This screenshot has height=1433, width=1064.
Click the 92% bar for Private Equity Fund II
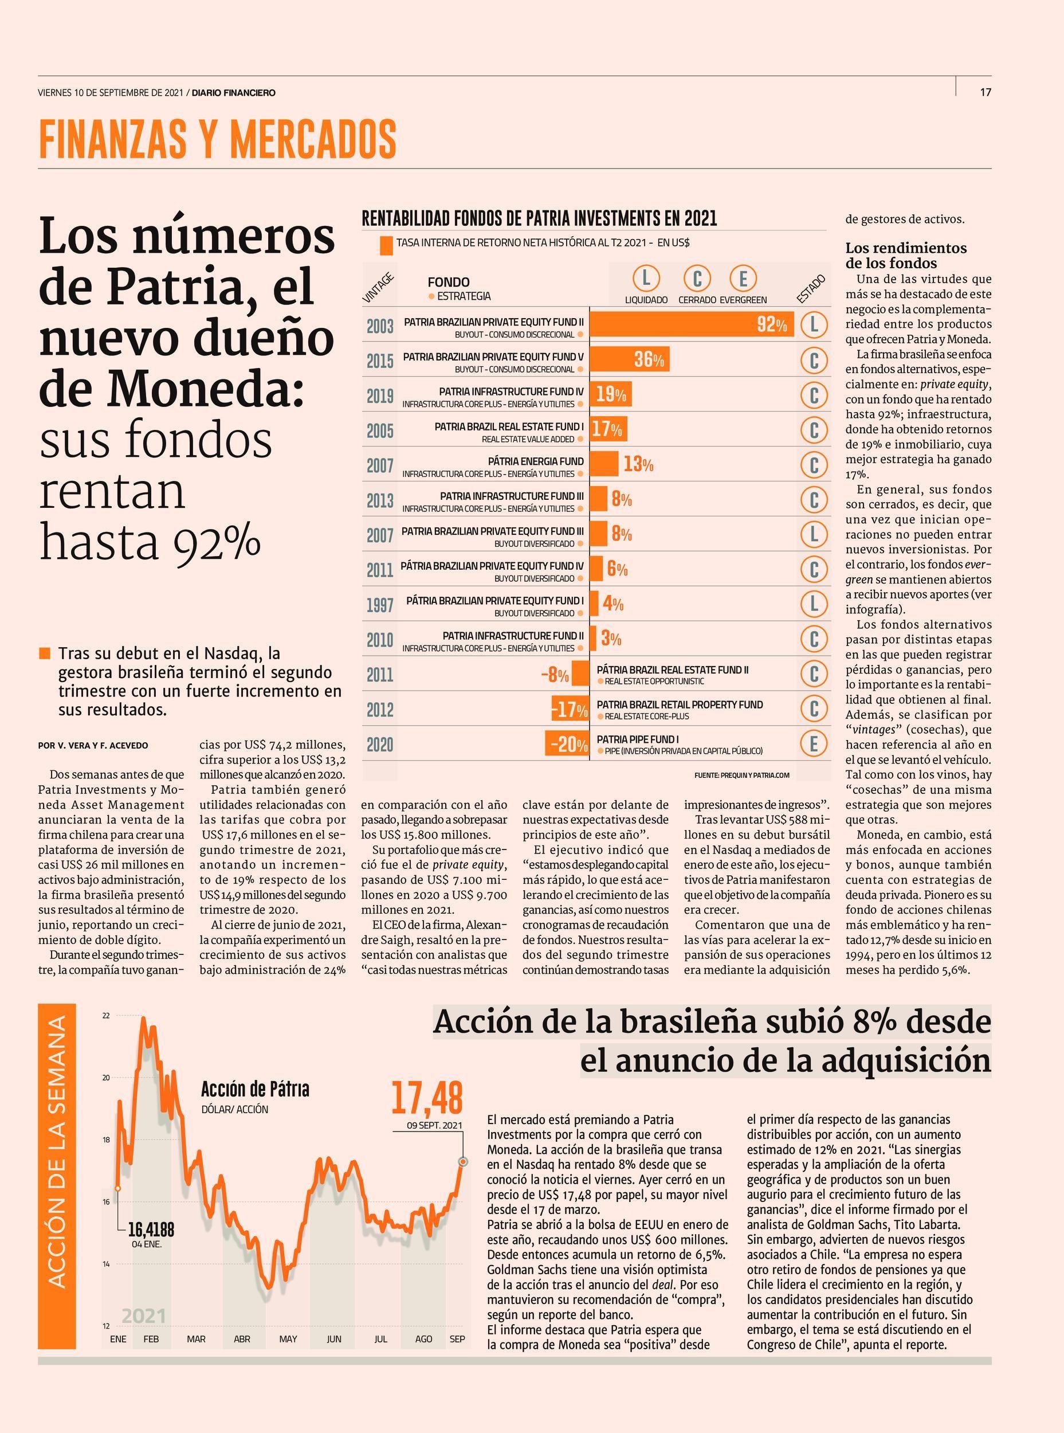pos(692,324)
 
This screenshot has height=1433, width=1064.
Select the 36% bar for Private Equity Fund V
pos(630,359)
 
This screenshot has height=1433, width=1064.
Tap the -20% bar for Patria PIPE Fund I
pos(567,744)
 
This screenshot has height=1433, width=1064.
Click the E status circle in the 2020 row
pos(814,744)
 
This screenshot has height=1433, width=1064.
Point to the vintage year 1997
pos(380,605)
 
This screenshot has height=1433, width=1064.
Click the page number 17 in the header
pos(986,92)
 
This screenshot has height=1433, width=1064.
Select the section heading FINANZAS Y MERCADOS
pos(217,139)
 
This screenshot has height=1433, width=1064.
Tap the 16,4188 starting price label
pos(151,1230)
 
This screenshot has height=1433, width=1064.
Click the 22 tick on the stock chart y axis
pos(105,1016)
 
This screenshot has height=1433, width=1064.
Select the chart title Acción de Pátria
pos(255,1090)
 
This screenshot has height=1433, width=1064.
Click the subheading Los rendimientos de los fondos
pos(906,256)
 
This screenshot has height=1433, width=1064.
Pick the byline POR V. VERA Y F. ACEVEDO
pos(93,746)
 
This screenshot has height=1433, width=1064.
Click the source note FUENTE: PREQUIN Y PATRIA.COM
pos(741,775)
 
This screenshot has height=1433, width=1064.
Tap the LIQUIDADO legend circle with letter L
pos(646,279)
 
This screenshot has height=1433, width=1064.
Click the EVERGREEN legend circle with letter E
pos(743,279)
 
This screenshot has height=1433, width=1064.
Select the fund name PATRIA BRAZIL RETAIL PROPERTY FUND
pos(680,705)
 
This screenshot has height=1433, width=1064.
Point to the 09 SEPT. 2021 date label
pos(434,1126)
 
